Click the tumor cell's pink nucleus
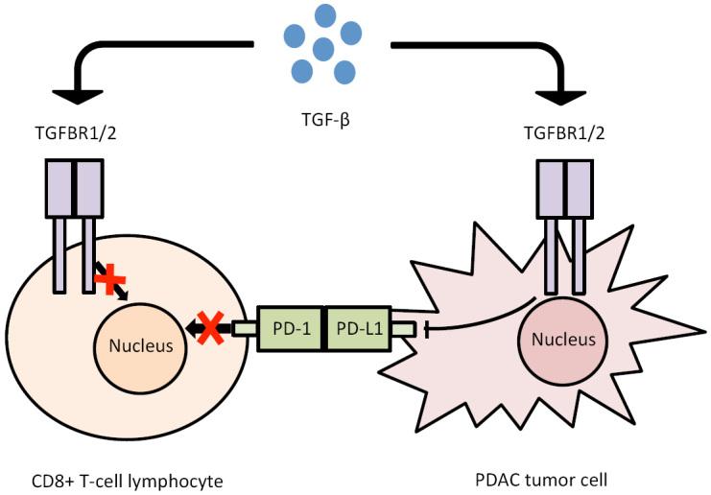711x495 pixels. click(x=562, y=340)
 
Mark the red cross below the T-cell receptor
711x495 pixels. click(x=111, y=280)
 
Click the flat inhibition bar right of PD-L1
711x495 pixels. click(x=426, y=330)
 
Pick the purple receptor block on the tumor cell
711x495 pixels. click(x=564, y=188)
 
